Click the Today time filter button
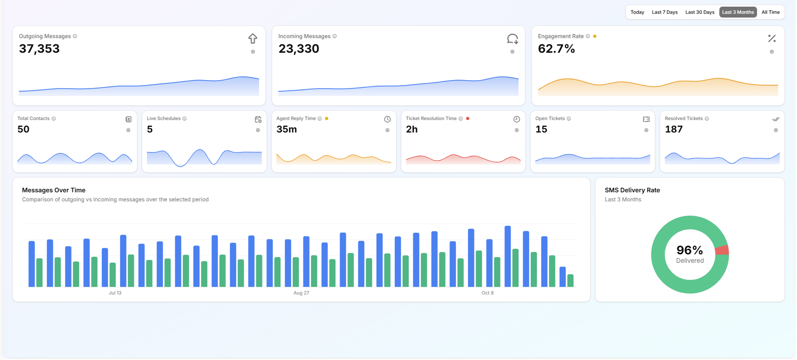pyautogui.click(x=637, y=12)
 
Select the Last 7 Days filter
pyautogui.click(x=665, y=12)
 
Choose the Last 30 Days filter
pyautogui.click(x=699, y=12)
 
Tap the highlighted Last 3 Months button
pyautogui.click(x=738, y=12)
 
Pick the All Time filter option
pyautogui.click(x=770, y=12)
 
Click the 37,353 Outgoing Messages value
pyautogui.click(x=39, y=49)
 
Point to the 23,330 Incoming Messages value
pyautogui.click(x=299, y=49)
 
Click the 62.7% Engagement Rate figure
pyautogui.click(x=556, y=49)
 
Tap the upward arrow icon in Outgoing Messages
pyautogui.click(x=253, y=39)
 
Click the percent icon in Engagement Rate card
pyautogui.click(x=772, y=39)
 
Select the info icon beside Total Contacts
pyautogui.click(x=54, y=119)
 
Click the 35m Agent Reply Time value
pyautogui.click(x=287, y=130)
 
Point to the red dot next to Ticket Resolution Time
pyautogui.click(x=468, y=119)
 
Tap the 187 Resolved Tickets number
pyautogui.click(x=674, y=130)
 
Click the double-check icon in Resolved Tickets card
pyautogui.click(x=775, y=119)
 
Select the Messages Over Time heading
pyautogui.click(x=54, y=190)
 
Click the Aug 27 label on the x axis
pyautogui.click(x=301, y=293)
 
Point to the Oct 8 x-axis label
pyautogui.click(x=487, y=293)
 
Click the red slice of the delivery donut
pyautogui.click(x=723, y=250)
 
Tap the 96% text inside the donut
pyautogui.click(x=689, y=250)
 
